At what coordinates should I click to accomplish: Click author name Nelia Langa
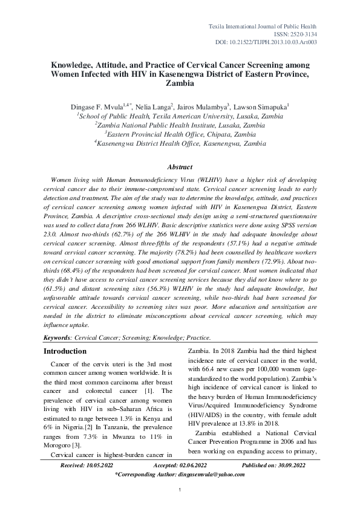click(153, 105)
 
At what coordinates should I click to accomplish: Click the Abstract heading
click(180, 167)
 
